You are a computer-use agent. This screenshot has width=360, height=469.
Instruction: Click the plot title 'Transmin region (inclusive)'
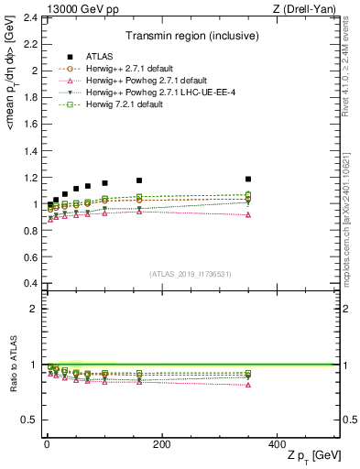[x=191, y=37]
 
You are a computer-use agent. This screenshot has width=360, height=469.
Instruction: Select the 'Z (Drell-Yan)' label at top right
[x=308, y=8]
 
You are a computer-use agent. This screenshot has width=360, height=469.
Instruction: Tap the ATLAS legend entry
[x=99, y=57]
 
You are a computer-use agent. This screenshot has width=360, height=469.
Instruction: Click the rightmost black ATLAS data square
[x=325, y=179]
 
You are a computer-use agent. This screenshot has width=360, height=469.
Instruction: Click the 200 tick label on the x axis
[x=160, y=444]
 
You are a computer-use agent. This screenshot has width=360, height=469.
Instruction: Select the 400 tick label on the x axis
[x=276, y=444]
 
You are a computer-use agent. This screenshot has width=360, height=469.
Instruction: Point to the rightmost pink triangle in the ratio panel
[x=325, y=385]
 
